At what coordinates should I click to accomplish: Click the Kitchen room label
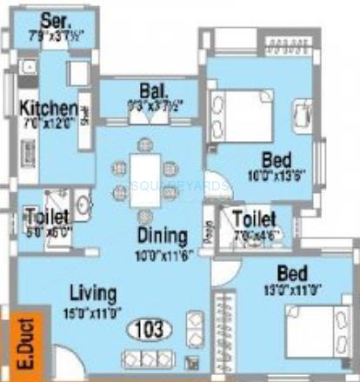pos(49,109)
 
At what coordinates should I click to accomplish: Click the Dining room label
pos(161,235)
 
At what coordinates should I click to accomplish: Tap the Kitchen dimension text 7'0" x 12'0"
pos(49,123)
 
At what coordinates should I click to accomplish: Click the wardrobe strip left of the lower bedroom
pos(229,335)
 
